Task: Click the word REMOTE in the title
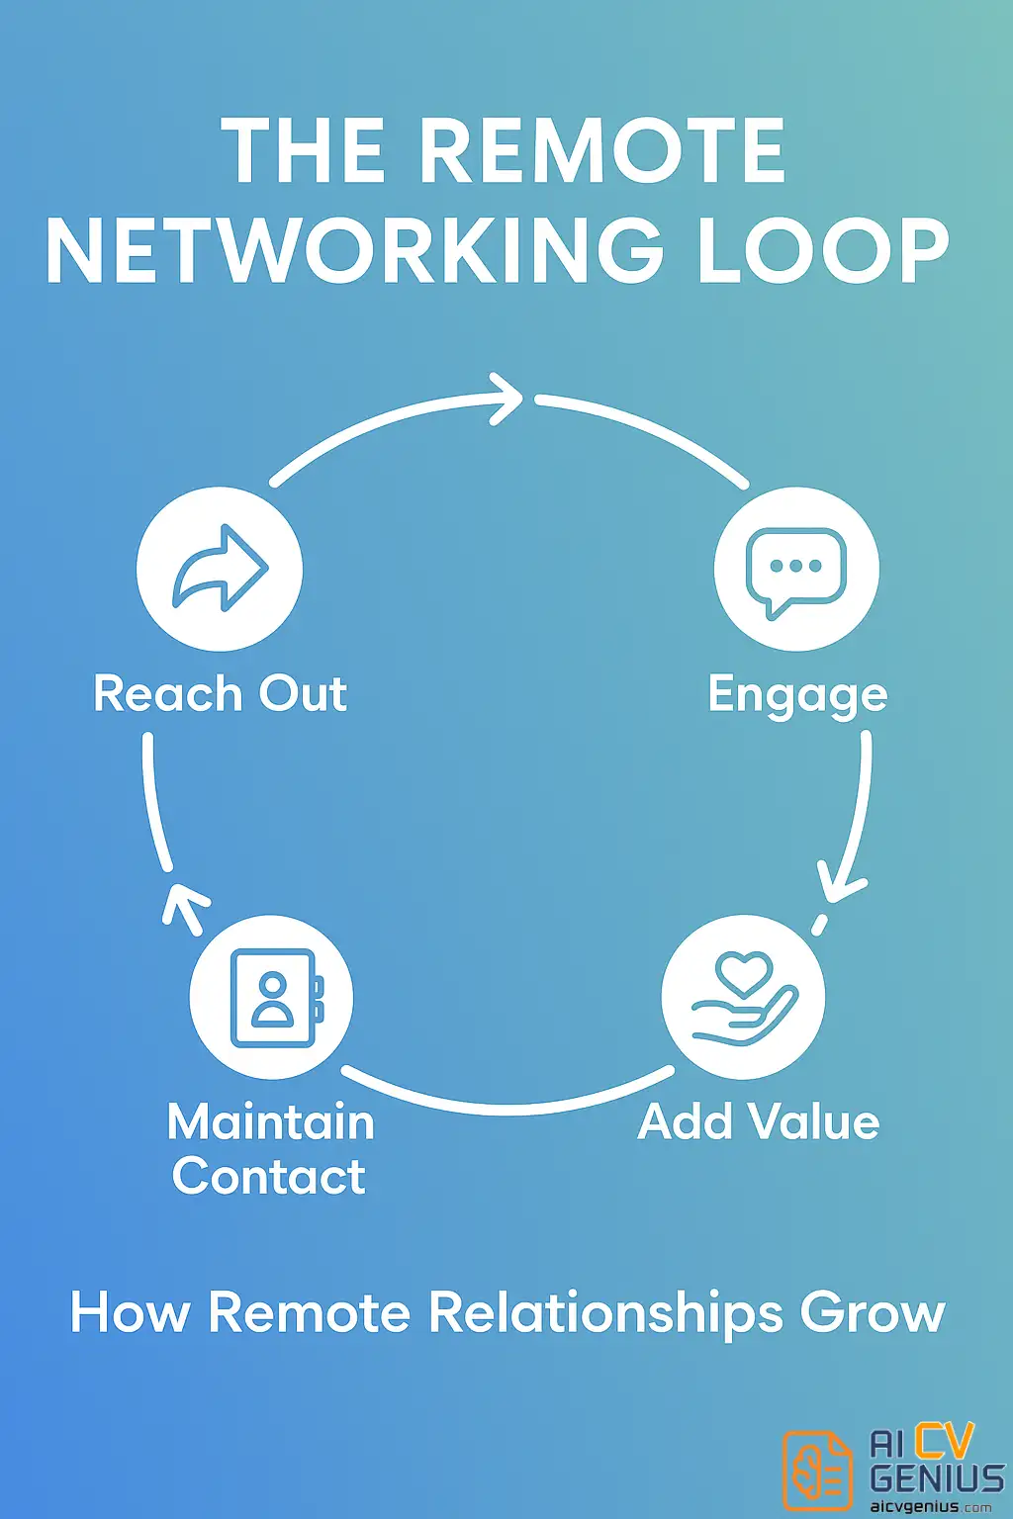601,150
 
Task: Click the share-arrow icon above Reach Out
220,569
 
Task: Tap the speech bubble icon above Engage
796,570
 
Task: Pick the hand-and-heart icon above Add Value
743,997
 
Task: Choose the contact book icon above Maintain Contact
272,997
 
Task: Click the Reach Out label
220,693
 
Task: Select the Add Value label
759,1121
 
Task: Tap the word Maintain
271,1122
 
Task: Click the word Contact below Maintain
269,1176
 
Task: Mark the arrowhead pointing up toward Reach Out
184,903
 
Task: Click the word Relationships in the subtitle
604,1313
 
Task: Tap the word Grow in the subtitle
873,1313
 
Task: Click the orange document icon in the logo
817,1471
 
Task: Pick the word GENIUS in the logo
936,1478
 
